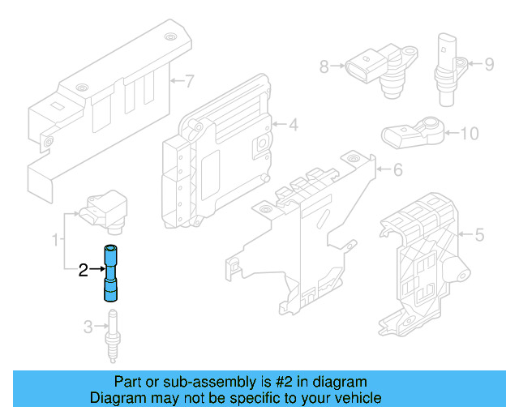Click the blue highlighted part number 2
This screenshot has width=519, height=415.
(x=110, y=272)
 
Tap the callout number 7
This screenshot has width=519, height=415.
(x=190, y=81)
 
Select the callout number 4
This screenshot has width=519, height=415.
(x=293, y=125)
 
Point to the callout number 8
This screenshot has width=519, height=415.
(x=324, y=67)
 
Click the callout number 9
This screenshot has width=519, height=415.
(x=489, y=63)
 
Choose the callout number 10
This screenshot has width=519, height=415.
(x=470, y=133)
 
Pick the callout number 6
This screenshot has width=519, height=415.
(x=397, y=170)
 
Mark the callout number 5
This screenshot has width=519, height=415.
(x=478, y=236)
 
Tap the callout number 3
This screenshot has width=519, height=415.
(x=88, y=327)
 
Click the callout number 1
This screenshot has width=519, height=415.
(x=55, y=240)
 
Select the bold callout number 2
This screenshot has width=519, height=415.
(x=82, y=271)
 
